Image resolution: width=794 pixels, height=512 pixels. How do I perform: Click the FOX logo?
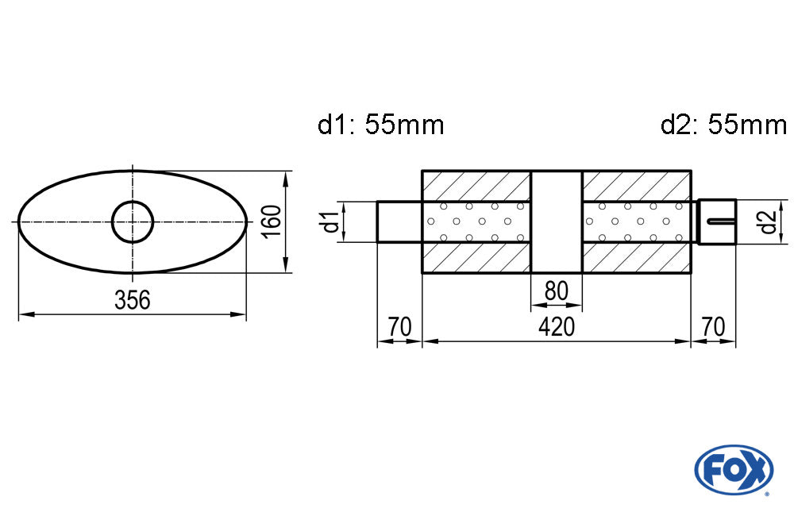(733, 468)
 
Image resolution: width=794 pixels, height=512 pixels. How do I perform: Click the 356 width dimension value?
(133, 300)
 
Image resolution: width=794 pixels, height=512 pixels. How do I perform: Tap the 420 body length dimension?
(555, 326)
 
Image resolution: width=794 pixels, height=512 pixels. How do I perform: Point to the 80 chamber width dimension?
(556, 291)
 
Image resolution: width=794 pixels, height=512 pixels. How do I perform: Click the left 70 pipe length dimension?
(399, 326)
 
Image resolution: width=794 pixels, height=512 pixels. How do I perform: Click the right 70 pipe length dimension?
(713, 326)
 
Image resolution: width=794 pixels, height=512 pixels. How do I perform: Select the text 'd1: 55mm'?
(380, 125)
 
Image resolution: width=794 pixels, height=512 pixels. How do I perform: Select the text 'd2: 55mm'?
(723, 125)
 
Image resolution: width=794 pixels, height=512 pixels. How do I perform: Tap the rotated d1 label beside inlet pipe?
(331, 221)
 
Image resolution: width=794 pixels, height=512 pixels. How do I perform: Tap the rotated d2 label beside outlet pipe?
(766, 221)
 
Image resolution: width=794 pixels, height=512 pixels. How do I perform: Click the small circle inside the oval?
(133, 221)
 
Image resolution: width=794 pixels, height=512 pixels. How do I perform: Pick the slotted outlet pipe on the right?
(717, 221)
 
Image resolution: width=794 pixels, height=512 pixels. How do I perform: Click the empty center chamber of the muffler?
(556, 221)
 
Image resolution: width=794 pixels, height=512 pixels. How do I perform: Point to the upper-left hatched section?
(475, 184)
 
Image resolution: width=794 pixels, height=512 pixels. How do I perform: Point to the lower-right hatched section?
(636, 258)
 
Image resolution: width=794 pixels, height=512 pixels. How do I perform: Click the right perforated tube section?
(636, 221)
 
